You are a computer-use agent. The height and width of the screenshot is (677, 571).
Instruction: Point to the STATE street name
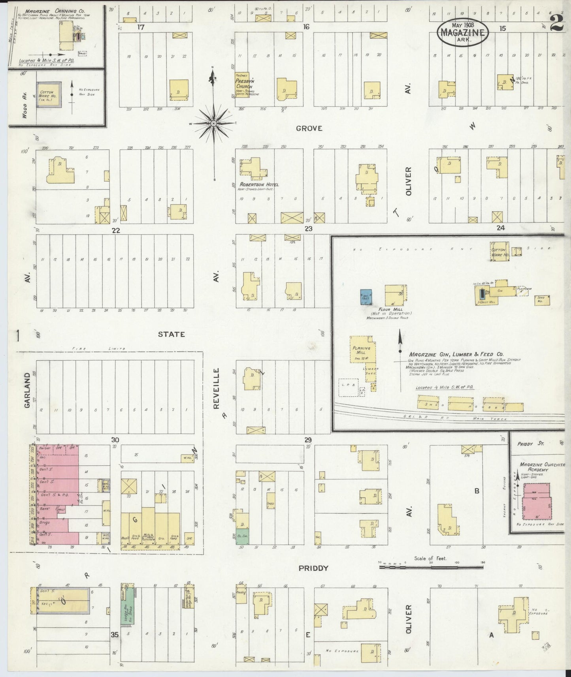171,334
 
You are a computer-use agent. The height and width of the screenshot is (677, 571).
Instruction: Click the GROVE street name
309,128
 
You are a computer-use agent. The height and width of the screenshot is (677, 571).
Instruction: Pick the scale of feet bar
431,567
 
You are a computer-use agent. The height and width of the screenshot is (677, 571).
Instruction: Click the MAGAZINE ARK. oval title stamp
463,31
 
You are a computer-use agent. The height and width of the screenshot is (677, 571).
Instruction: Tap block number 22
115,230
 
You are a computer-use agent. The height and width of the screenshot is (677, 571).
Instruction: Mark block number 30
115,440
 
